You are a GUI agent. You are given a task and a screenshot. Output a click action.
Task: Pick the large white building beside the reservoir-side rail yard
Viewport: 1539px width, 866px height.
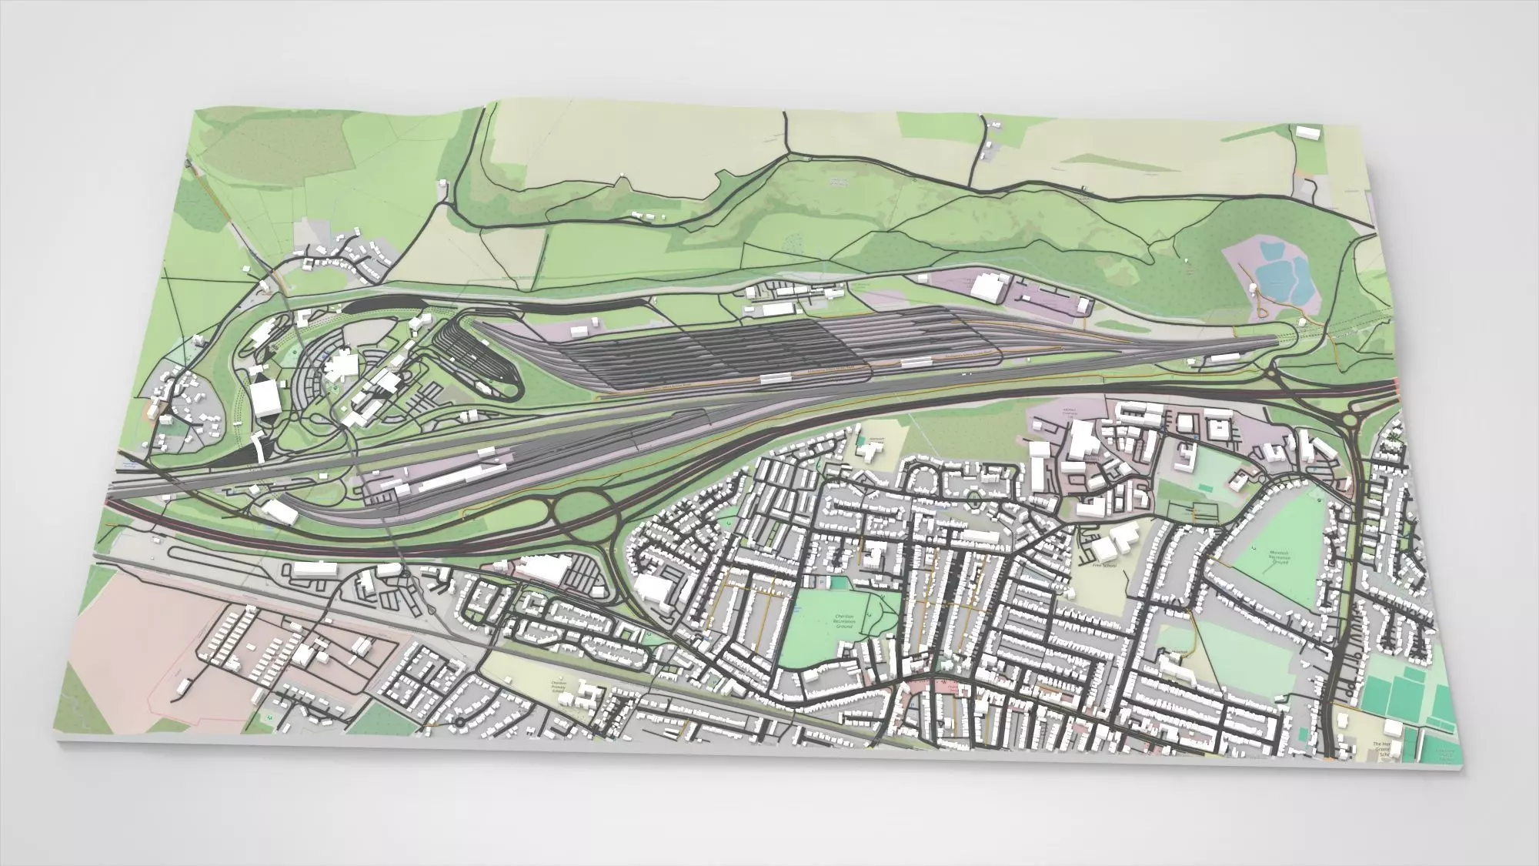(x=987, y=286)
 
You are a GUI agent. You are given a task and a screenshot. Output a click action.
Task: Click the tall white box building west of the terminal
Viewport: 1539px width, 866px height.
(x=264, y=397)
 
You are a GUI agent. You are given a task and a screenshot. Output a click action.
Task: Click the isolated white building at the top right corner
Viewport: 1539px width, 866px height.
(x=1306, y=132)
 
